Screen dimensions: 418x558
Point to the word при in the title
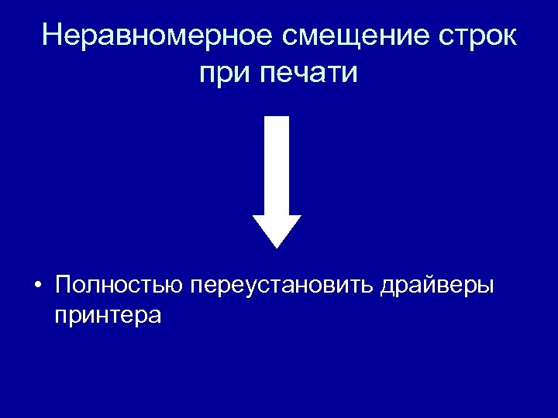[225, 75]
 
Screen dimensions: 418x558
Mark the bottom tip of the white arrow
[277, 247]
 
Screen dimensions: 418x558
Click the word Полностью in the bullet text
[118, 285]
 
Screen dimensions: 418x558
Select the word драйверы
[436, 285]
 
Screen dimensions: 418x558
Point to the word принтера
[108, 315]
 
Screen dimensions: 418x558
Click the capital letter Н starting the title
[53, 36]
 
